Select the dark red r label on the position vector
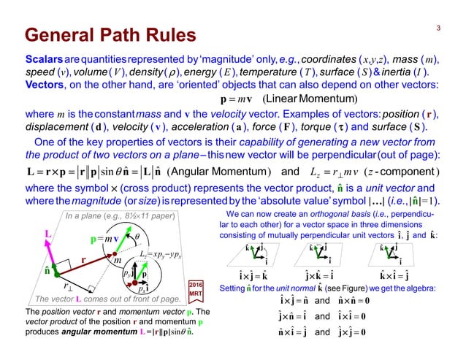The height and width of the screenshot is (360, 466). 83,259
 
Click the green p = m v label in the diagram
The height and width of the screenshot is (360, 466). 104,239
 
